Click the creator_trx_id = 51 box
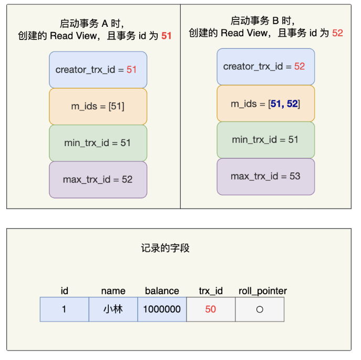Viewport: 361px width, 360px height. (98, 70)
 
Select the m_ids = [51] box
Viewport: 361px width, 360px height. (98, 106)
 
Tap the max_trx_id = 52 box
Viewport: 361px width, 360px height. (98, 180)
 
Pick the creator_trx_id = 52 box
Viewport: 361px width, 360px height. (266, 67)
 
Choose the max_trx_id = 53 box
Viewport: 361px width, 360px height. (266, 177)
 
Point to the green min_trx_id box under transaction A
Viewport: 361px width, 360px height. (98, 143)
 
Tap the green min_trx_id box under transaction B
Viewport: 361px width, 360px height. (266, 140)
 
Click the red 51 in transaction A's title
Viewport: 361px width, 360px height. (167, 36)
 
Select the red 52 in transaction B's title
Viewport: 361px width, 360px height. (337, 33)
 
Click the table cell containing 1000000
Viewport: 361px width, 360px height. (162, 310)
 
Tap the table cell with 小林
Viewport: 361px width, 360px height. (114, 310)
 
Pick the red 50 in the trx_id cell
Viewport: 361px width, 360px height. (211, 310)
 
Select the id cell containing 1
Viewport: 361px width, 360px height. (65, 310)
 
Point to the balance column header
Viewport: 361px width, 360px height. (162, 291)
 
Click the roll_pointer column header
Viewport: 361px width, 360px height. (263, 291)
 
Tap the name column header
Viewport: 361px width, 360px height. (114, 291)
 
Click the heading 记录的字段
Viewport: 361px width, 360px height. (166, 248)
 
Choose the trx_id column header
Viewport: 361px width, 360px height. (211, 291)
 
